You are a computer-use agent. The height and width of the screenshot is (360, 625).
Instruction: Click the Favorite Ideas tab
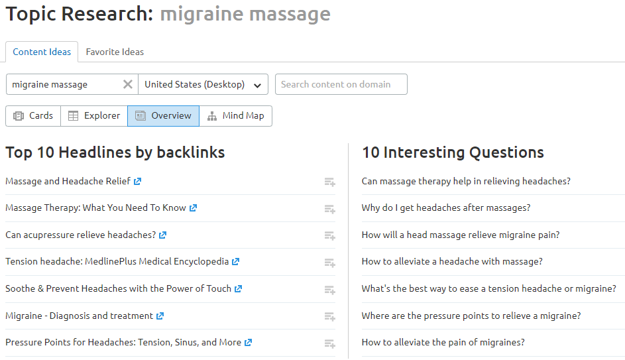[115, 52]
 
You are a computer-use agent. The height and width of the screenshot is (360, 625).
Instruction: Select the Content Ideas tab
[42, 52]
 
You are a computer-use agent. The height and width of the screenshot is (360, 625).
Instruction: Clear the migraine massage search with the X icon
[128, 84]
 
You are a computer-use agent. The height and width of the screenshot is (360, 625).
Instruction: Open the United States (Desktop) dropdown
[203, 84]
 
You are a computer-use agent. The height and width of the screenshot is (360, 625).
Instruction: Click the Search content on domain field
[341, 84]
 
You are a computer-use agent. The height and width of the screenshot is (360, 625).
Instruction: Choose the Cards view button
[33, 115]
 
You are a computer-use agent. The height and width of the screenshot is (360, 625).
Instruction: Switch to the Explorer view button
[94, 115]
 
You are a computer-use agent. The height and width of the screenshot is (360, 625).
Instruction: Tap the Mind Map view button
[235, 115]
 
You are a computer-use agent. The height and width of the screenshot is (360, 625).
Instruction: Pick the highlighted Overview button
[163, 115]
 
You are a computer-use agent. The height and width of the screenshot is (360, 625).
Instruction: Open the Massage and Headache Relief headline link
[68, 181]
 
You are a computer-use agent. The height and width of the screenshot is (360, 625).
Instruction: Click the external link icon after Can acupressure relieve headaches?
[163, 235]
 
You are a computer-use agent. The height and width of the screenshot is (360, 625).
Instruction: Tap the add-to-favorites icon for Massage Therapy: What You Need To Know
[329, 209]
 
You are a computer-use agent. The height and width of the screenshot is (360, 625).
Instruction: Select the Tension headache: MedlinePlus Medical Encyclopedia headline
[117, 261]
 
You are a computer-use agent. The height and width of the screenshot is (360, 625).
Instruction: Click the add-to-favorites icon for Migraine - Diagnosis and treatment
[329, 317]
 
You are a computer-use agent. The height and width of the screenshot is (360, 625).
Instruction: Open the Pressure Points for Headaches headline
[123, 342]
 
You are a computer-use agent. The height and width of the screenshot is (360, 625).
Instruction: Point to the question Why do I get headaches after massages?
[445, 208]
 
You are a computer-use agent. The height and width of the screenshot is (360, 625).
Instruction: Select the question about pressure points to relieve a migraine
[471, 316]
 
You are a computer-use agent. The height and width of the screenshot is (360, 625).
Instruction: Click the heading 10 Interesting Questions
[453, 152]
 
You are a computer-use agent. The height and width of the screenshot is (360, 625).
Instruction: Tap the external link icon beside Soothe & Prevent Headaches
[239, 288]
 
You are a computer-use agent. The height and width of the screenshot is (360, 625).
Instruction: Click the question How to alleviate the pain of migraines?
[443, 342]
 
